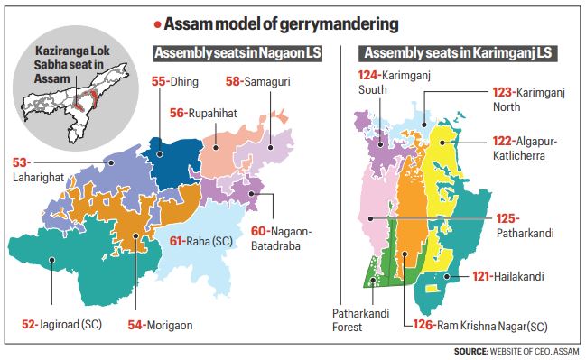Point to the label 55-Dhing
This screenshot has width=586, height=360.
tap(172, 81)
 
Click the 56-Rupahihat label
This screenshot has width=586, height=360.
tap(205, 113)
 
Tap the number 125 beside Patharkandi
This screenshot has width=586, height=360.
tap(507, 217)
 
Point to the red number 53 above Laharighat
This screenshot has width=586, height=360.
tap(20, 162)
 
